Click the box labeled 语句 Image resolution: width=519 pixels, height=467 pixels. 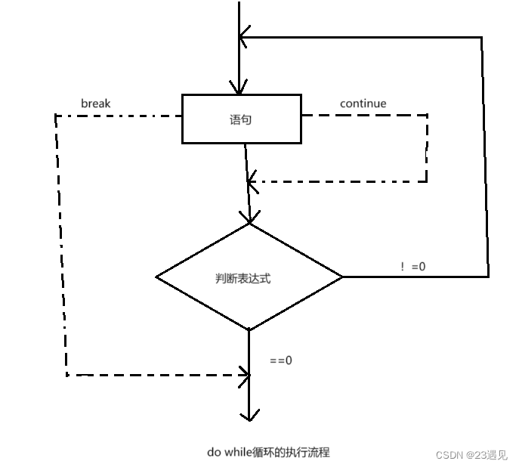(241, 119)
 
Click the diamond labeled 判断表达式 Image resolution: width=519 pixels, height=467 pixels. (249, 277)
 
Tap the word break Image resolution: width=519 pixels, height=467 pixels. (95, 103)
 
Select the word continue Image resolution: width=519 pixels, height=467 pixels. (363, 103)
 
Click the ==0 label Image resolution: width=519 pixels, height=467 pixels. (281, 360)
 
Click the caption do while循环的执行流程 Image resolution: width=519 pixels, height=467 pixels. (268, 452)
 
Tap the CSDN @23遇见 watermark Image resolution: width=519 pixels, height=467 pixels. (471, 454)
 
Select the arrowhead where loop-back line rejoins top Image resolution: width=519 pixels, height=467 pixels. (243, 36)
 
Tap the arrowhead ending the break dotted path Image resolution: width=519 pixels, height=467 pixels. (245, 373)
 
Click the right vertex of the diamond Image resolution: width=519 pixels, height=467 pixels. (342, 277)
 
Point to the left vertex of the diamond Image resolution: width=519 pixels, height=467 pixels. (156, 277)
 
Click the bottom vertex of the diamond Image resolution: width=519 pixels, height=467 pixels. (249, 330)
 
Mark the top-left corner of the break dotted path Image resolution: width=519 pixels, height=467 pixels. (55, 116)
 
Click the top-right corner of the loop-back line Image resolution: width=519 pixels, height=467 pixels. (482, 36)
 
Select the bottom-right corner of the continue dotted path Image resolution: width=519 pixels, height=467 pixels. (426, 181)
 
